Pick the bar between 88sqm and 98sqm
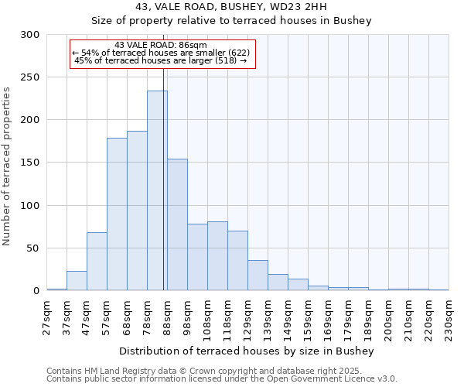(x=177, y=224)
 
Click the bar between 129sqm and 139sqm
(x=258, y=276)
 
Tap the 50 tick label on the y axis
(x=33, y=248)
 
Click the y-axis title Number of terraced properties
(x=7, y=166)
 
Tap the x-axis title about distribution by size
(x=247, y=351)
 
